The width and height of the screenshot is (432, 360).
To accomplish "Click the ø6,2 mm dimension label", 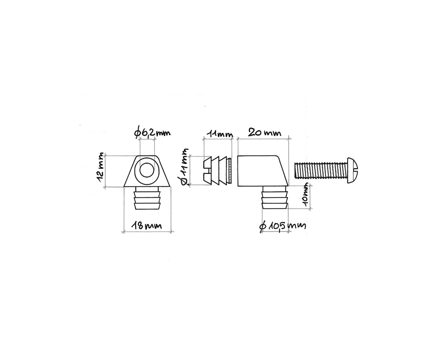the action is [152, 133].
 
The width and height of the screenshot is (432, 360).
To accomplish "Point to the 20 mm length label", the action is [265, 133].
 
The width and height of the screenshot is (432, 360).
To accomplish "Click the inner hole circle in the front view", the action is [147, 170].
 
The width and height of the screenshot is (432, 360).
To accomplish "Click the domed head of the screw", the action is [352, 170].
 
